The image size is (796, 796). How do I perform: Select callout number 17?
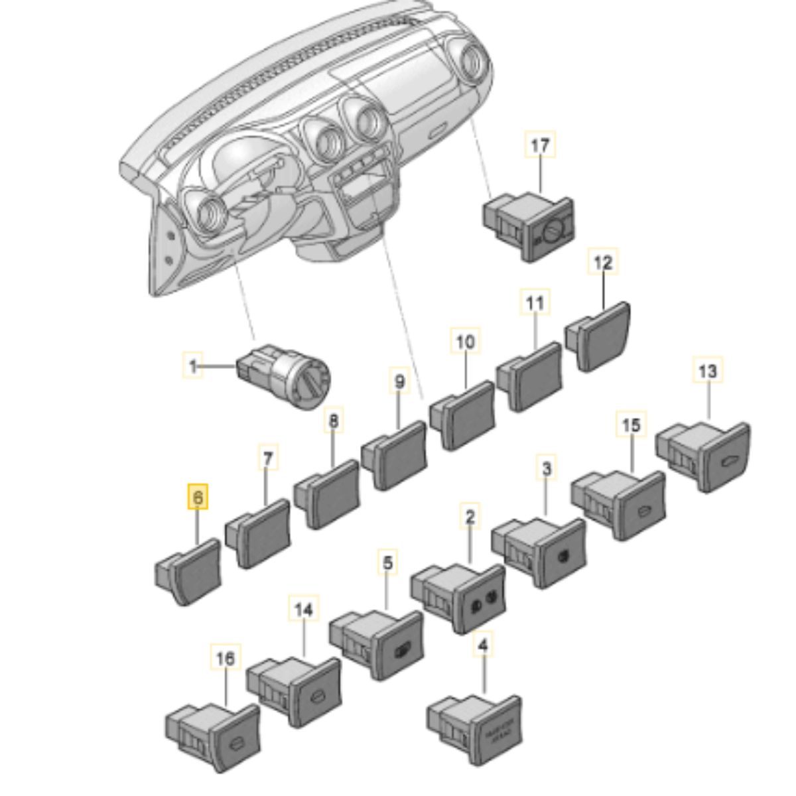tap(541, 145)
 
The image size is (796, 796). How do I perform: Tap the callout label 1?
tap(193, 365)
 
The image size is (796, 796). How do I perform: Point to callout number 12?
tap(603, 263)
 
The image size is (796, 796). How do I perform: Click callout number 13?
tap(708, 371)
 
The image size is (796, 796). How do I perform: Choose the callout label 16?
tap(226, 659)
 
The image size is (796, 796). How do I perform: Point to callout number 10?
tap(466, 342)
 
